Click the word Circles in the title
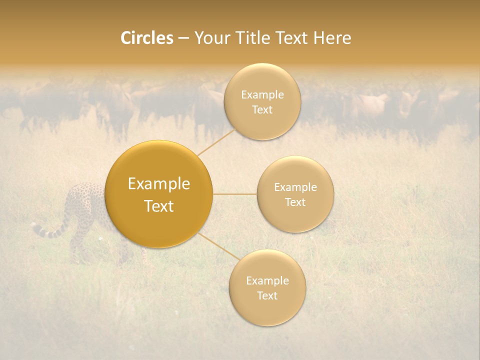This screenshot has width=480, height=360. (147, 38)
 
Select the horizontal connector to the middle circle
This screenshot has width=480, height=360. (235, 194)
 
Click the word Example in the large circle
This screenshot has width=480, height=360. (159, 184)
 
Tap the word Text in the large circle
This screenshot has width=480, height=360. (159, 206)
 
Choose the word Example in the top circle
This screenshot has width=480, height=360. (262, 95)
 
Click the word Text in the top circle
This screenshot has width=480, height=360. (262, 110)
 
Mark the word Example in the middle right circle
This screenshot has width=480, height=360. (295, 187)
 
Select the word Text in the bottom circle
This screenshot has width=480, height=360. (267, 295)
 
